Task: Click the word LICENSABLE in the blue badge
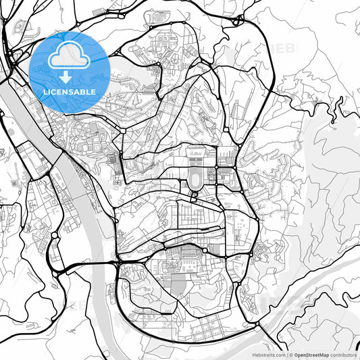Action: (x=68, y=92)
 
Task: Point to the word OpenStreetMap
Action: (x=311, y=355)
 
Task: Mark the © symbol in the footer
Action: (x=291, y=355)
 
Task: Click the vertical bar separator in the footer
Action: (x=286, y=355)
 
